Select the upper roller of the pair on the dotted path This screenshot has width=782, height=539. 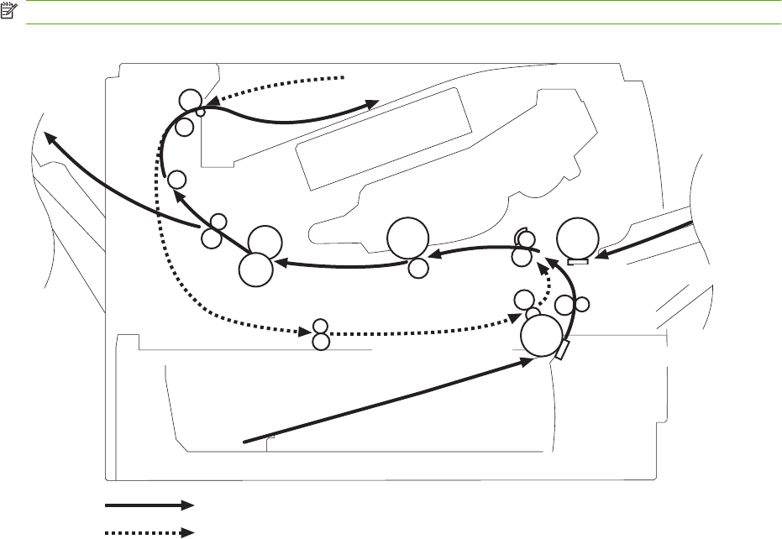tap(319, 326)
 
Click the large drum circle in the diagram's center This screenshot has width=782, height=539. tap(407, 238)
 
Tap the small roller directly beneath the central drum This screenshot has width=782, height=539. tap(418, 269)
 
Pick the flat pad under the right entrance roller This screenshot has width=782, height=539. tap(578, 262)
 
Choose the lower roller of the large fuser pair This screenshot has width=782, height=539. tap(255, 270)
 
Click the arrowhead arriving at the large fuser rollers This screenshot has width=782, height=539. tap(282, 261)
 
